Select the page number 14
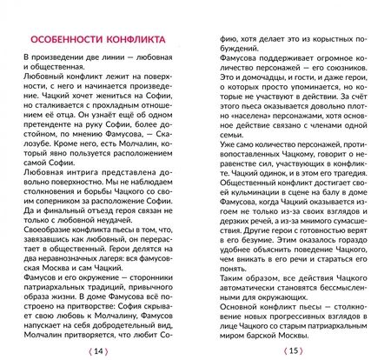[99, 350]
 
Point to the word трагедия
[348, 185]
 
